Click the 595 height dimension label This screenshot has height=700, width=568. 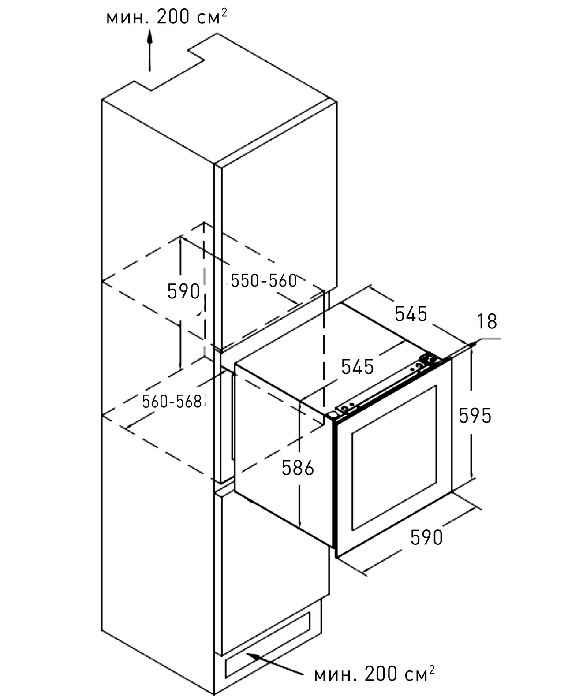(475, 415)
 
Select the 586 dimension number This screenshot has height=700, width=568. (298, 468)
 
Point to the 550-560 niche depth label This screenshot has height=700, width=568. (264, 280)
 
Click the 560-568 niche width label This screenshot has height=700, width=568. (172, 401)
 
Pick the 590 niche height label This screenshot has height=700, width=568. (183, 291)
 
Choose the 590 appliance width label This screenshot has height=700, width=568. (426, 537)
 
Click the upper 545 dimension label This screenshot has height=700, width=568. (411, 314)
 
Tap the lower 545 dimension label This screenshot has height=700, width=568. (357, 367)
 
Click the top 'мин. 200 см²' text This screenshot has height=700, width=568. (167, 18)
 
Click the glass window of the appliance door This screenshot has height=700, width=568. (394, 458)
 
